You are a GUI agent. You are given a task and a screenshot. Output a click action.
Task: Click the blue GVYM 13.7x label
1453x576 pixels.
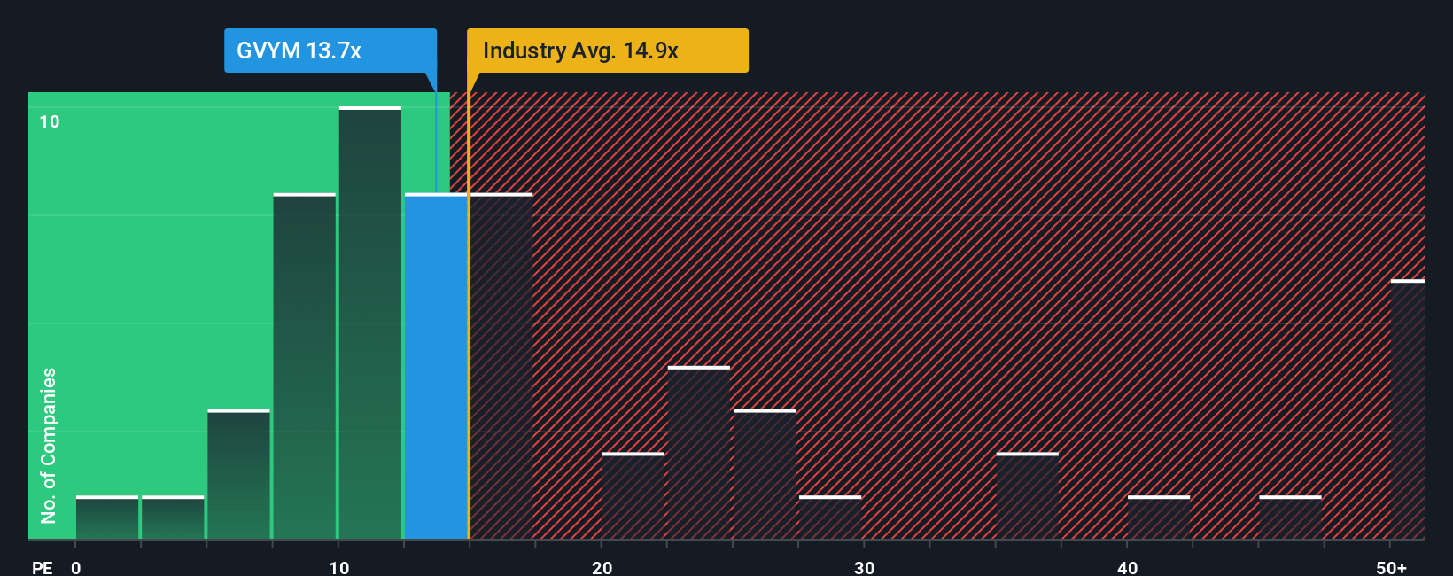pyautogui.click(x=330, y=51)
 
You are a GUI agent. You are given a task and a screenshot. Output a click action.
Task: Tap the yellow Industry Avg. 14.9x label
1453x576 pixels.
pyautogui.click(x=608, y=51)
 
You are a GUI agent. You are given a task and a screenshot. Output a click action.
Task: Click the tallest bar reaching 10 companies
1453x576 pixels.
pyautogui.click(x=370, y=323)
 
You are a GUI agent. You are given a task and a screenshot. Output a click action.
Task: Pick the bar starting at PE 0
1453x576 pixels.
pyautogui.click(x=107, y=518)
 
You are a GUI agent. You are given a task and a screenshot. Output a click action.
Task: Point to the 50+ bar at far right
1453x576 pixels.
pyautogui.click(x=1407, y=409)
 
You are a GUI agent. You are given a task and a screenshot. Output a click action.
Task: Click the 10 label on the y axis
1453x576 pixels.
pyautogui.click(x=50, y=121)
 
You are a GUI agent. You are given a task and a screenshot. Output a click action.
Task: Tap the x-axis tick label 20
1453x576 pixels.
pyautogui.click(x=602, y=567)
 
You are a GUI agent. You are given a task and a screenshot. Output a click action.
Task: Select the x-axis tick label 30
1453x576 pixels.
pyautogui.click(x=865, y=567)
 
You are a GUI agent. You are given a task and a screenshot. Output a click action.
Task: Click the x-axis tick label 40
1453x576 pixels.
pyautogui.click(x=1127, y=567)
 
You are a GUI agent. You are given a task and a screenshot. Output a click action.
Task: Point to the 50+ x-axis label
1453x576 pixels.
pyautogui.click(x=1391, y=567)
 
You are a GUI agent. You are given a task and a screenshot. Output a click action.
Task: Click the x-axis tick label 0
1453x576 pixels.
pyautogui.click(x=76, y=567)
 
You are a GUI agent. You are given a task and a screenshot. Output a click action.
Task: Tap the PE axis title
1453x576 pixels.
pyautogui.click(x=43, y=567)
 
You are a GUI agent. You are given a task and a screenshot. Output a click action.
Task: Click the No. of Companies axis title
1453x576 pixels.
pyautogui.click(x=49, y=445)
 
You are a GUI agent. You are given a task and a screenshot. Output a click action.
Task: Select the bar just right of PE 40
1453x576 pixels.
pyautogui.click(x=1159, y=518)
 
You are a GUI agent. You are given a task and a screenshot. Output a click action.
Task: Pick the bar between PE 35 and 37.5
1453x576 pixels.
pyautogui.click(x=1027, y=496)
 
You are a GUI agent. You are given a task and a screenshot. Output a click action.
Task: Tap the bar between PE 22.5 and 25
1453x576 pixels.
pyautogui.click(x=699, y=453)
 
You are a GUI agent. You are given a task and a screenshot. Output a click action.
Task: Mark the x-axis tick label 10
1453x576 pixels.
pyautogui.click(x=339, y=567)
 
